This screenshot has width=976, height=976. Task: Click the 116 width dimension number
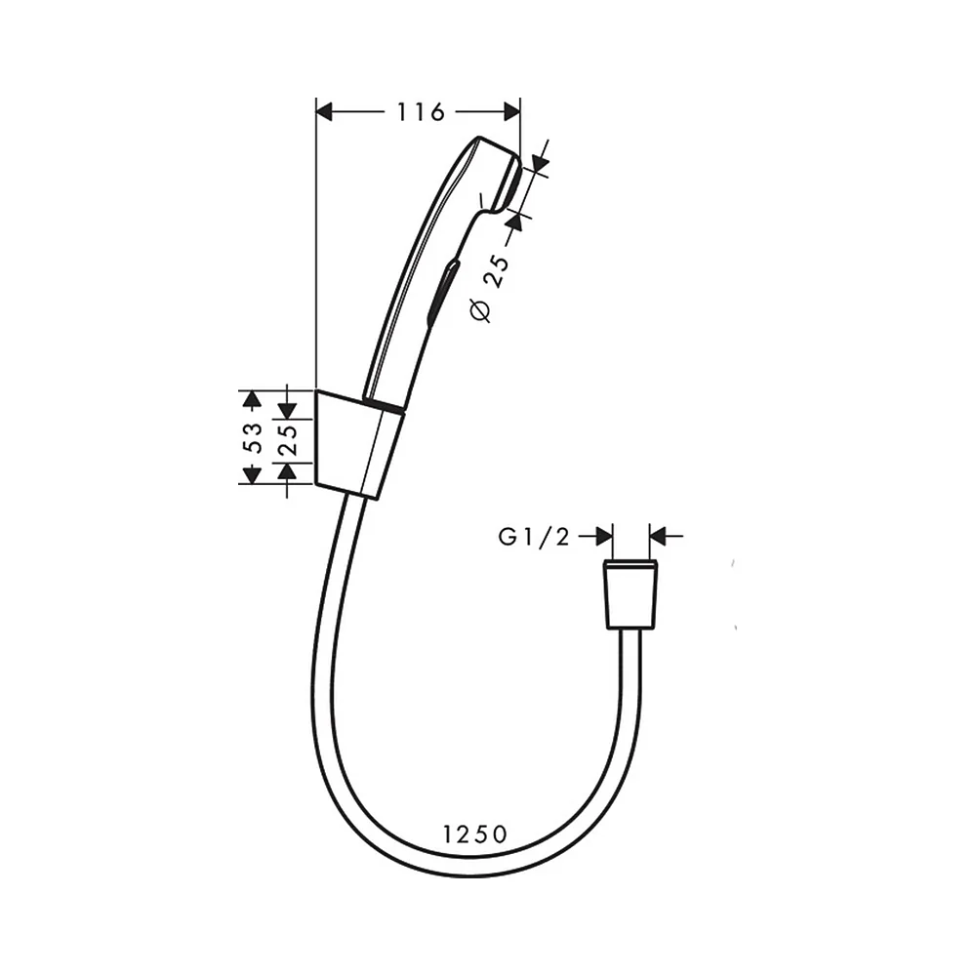421,112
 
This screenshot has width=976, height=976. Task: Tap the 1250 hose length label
475,834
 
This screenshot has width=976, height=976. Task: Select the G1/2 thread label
534,537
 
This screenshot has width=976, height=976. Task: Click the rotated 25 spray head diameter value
497,270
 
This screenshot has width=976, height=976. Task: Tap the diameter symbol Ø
480,310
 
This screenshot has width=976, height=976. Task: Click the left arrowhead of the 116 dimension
326,112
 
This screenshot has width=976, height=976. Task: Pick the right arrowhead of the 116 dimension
511,112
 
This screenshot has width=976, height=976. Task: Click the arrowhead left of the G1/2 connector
604,536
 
